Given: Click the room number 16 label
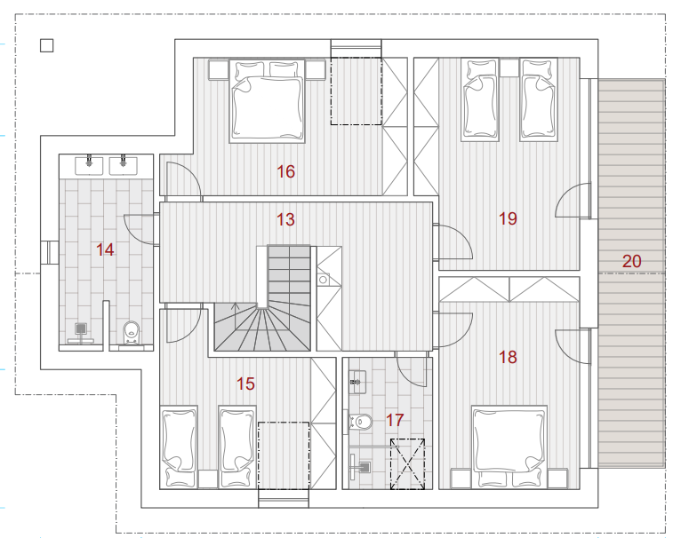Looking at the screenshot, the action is pyautogui.click(x=285, y=172).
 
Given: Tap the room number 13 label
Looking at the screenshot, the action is pyautogui.click(x=285, y=219).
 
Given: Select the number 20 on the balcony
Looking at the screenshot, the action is pyautogui.click(x=631, y=261).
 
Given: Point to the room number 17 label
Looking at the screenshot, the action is pyautogui.click(x=395, y=420).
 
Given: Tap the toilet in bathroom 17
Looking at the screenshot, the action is pyautogui.click(x=361, y=421).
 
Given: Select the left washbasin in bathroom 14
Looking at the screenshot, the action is pyautogui.click(x=89, y=165).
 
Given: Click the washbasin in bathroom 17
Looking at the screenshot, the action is pyautogui.click(x=358, y=382).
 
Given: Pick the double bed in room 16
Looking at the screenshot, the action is pyautogui.click(x=267, y=101).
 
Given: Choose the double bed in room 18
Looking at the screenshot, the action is pyautogui.click(x=509, y=447).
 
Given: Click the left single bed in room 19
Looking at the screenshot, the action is pyautogui.click(x=479, y=100).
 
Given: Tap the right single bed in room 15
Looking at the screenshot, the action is pyautogui.click(x=237, y=447).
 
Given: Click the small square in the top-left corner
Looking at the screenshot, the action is pyautogui.click(x=47, y=45).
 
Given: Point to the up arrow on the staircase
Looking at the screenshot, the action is pyautogui.click(x=235, y=315).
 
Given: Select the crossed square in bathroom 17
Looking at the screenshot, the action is pyautogui.click(x=407, y=464).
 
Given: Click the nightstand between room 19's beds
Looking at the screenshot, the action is pyautogui.click(x=509, y=67).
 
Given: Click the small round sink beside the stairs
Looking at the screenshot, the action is pyautogui.click(x=323, y=280).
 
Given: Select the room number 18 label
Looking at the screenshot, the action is pyautogui.click(x=508, y=358).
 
